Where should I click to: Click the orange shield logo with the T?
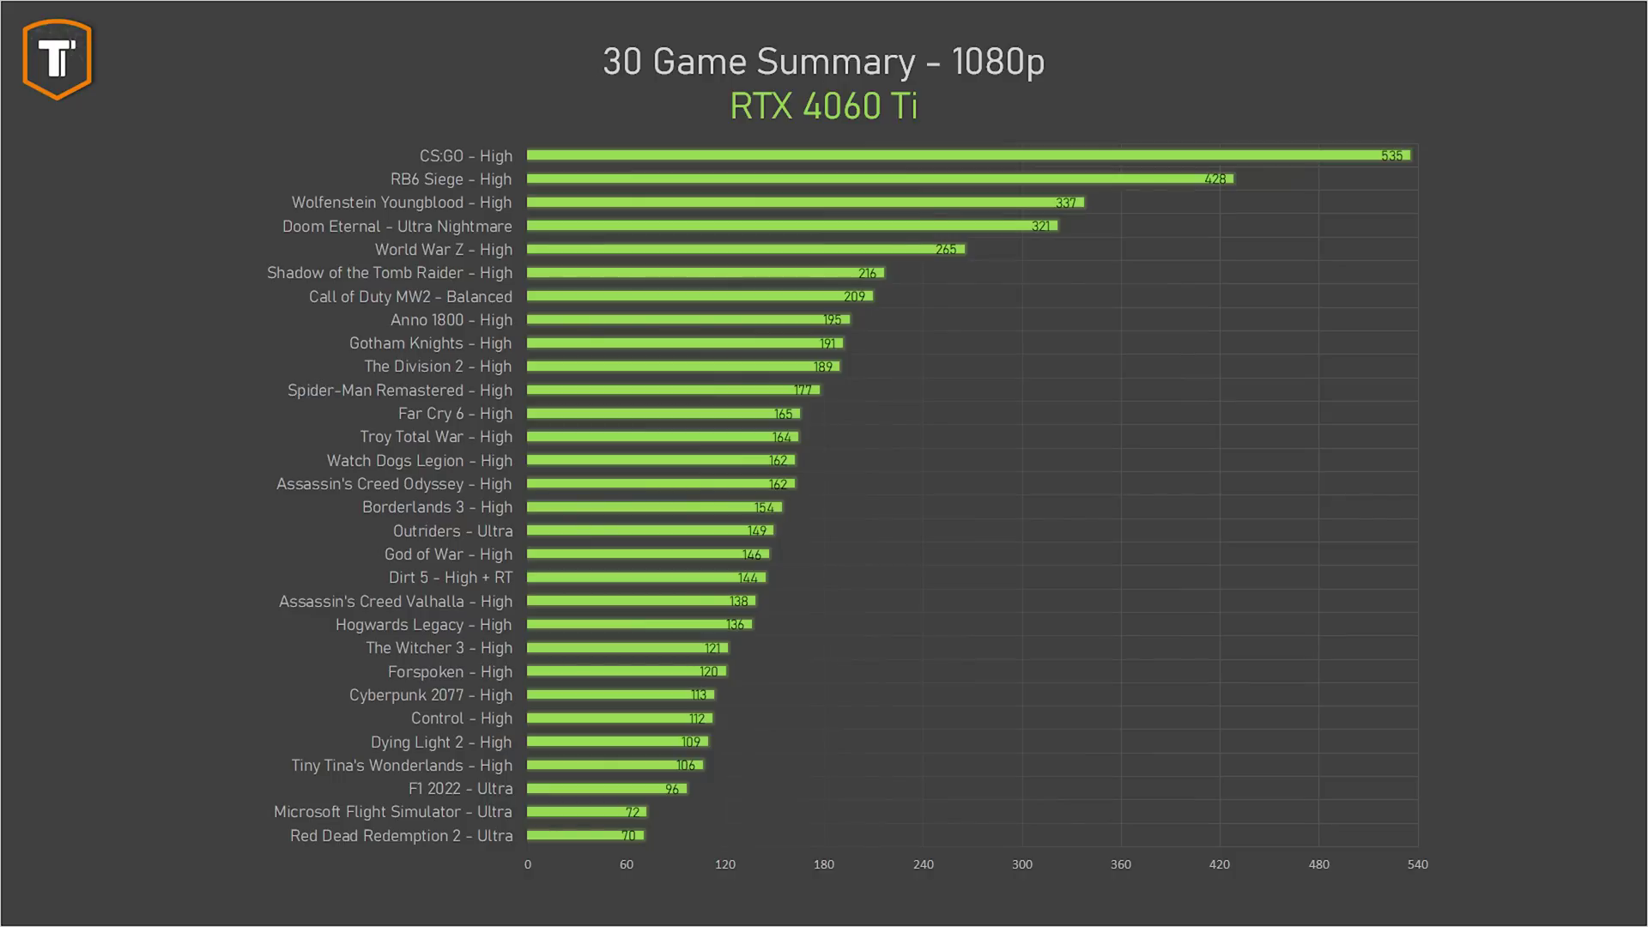click(58, 59)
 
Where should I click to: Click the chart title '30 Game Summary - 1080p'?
click(823, 62)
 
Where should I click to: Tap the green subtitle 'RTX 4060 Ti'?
click(823, 106)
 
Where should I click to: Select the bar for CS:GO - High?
click(968, 155)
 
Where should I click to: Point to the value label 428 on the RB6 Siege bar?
click(1215, 179)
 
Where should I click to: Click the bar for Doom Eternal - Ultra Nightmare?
click(791, 226)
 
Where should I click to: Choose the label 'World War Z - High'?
click(443, 250)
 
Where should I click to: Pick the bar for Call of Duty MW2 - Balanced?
click(700, 296)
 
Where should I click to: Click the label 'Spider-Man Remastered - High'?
click(399, 391)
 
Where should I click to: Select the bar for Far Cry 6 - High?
click(663, 414)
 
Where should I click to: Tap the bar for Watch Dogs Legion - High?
click(660, 461)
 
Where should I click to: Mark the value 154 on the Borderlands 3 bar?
click(764, 508)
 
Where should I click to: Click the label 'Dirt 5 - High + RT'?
click(450, 578)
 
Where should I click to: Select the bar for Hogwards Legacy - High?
click(639, 625)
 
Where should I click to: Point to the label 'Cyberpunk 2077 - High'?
click(430, 695)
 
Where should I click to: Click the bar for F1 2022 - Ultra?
click(606, 789)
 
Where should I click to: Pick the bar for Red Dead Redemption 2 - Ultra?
click(585, 835)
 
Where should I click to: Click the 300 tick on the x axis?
click(1021, 864)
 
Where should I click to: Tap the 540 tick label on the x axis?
click(1417, 864)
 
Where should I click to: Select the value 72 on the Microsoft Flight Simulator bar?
click(633, 812)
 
